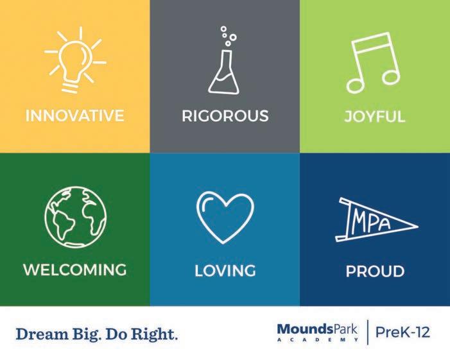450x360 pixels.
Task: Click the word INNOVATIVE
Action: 74,116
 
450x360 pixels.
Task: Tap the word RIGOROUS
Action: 225,116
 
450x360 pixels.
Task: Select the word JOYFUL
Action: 375,116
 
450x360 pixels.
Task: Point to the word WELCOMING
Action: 75,270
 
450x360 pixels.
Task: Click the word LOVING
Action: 225,271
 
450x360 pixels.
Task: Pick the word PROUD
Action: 375,271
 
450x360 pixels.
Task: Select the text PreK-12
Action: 402,332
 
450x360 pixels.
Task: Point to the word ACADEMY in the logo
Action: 317,339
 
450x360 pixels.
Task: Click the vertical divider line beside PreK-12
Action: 367,332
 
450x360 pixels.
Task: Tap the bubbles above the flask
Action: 229,36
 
